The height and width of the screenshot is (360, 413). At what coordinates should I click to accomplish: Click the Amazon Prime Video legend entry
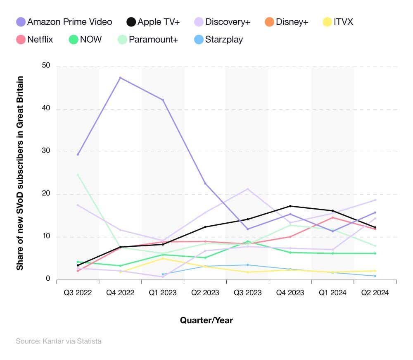pos(64,22)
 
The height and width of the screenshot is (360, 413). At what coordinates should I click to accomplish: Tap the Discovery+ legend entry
pos(222,22)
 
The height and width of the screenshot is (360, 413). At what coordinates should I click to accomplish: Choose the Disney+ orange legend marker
pos(269,22)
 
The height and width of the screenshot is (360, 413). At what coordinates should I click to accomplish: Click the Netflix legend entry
pos(35,40)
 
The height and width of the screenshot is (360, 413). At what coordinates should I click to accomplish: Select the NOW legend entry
pos(85,40)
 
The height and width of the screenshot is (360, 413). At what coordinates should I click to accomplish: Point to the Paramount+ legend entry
pos(147,40)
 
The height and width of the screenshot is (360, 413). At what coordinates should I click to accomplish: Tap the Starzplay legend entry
pos(218,40)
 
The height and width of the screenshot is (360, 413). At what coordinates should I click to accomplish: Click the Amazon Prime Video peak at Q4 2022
pos(120,78)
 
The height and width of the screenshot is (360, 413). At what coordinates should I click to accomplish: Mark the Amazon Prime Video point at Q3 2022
pos(78,154)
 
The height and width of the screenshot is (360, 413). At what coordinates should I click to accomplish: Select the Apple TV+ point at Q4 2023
pos(290,206)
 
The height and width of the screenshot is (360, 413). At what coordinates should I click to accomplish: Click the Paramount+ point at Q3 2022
pos(78,174)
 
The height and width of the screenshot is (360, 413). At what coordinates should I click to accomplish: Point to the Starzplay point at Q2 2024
pos(375,276)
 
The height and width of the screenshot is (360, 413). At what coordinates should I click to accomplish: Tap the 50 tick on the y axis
pos(45,66)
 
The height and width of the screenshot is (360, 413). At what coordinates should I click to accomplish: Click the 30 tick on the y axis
pos(45,151)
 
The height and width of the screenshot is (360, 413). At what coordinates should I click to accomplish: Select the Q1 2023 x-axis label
pos(162,293)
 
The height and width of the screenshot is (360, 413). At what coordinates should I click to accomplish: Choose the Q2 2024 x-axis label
pos(375,293)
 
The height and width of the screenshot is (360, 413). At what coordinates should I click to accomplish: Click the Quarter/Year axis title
pos(206,320)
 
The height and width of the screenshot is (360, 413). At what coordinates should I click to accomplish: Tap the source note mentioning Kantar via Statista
pos(58,341)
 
